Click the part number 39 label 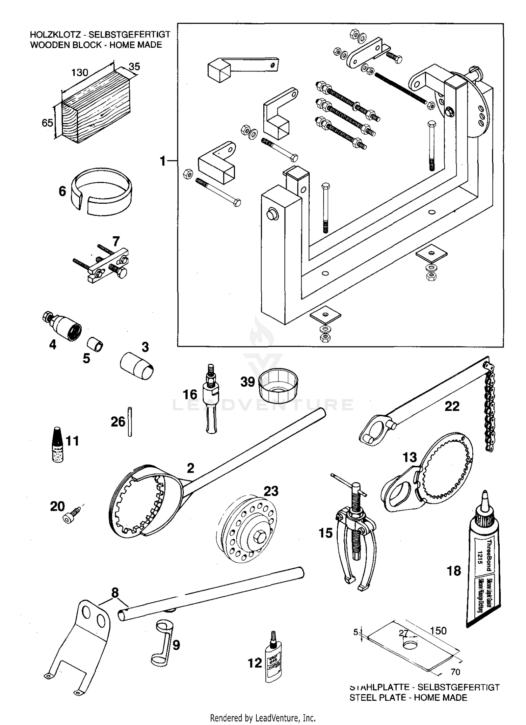point(247,382)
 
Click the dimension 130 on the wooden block point(80,73)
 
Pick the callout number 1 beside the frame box point(162,161)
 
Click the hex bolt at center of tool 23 point(259,535)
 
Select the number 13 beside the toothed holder point(409,457)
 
